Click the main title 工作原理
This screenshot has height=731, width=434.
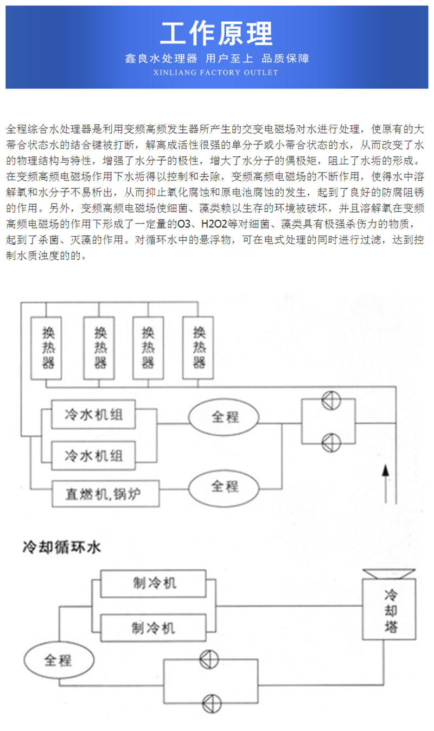(216, 34)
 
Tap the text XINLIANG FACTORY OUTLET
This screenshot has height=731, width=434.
(216, 73)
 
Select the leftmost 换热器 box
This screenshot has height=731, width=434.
(48, 348)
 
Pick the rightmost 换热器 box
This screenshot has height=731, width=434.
(199, 348)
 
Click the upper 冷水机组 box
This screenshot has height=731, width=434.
(94, 415)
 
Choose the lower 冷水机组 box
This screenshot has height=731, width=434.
(94, 454)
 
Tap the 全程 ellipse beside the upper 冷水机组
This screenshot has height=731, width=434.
(225, 417)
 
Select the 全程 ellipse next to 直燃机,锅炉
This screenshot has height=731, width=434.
(225, 485)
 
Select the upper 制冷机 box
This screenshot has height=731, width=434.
(155, 583)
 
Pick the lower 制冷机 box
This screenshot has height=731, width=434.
(154, 627)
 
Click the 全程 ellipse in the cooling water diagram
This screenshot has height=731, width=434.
(58, 660)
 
